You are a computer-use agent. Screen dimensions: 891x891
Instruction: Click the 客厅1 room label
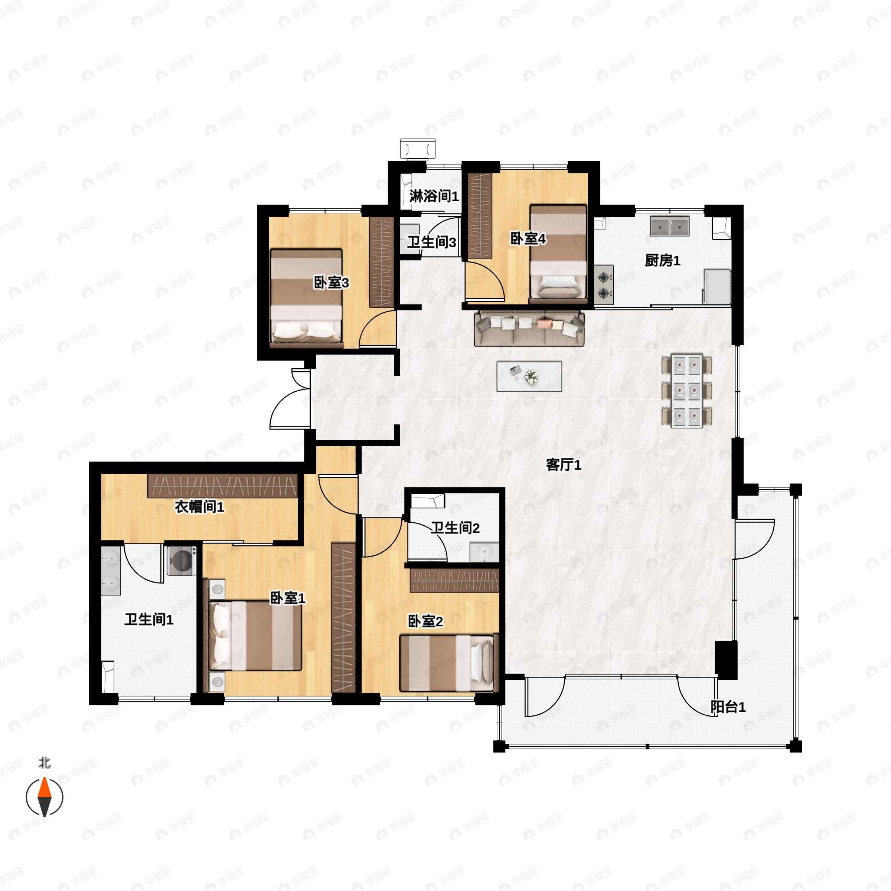click(x=563, y=465)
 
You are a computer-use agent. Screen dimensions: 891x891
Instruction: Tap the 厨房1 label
click(x=662, y=261)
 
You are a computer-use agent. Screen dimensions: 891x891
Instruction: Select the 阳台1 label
click(x=728, y=707)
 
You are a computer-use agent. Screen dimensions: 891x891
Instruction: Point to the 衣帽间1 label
click(x=199, y=507)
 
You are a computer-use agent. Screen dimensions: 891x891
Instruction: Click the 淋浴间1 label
click(x=434, y=196)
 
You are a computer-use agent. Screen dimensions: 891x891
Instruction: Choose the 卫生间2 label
click(x=455, y=528)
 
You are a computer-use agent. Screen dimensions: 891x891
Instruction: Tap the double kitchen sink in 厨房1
click(x=670, y=226)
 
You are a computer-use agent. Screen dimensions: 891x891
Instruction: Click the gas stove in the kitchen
click(x=604, y=285)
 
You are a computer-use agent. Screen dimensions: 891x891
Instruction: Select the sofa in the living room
click(x=529, y=328)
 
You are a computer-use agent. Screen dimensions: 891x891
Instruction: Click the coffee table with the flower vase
click(x=529, y=376)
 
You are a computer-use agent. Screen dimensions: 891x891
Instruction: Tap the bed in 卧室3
click(x=306, y=298)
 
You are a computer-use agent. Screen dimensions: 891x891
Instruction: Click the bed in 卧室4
click(x=558, y=254)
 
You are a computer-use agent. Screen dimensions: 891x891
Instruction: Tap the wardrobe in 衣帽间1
click(x=222, y=486)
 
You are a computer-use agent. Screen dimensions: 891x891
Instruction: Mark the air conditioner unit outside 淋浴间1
click(x=418, y=149)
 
